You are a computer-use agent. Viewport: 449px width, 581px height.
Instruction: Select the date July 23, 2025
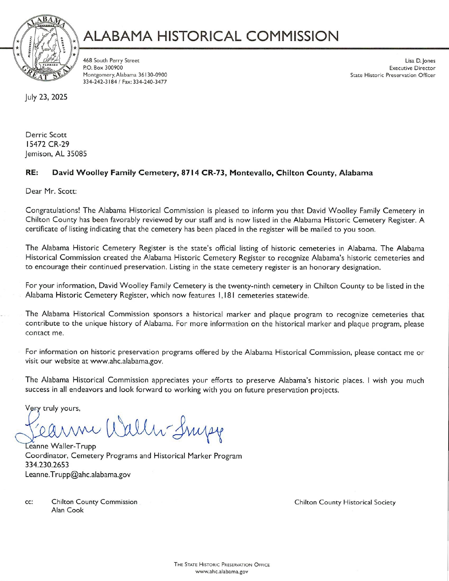(x=46, y=97)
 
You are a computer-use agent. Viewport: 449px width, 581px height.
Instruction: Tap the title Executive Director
(x=412, y=68)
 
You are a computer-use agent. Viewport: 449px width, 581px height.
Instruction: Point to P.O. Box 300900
(x=103, y=68)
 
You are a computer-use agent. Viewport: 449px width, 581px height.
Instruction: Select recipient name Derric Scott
(x=46, y=135)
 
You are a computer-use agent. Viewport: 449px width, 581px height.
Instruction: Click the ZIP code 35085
(x=77, y=154)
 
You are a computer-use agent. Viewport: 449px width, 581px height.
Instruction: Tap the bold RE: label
(x=32, y=173)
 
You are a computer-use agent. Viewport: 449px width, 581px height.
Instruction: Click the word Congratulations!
(x=53, y=210)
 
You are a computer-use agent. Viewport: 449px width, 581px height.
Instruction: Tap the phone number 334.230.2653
(x=47, y=465)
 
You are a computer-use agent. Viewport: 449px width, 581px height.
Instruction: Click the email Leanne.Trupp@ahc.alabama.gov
(x=78, y=474)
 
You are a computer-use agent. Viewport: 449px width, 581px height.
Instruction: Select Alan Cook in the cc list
(x=67, y=510)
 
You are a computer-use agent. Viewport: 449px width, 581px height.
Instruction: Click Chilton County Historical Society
(x=345, y=502)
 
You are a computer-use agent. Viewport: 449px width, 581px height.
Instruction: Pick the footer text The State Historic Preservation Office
(x=222, y=565)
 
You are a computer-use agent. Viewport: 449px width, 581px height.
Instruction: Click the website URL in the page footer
(x=222, y=572)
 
